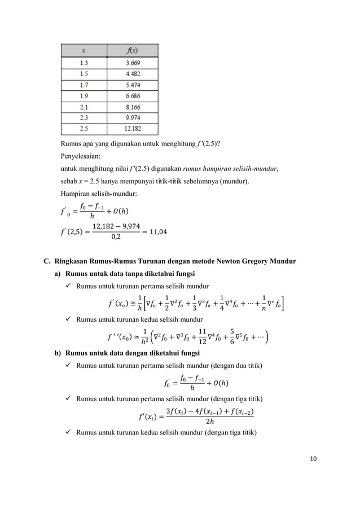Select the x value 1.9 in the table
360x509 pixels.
pyautogui.click(x=84, y=95)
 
